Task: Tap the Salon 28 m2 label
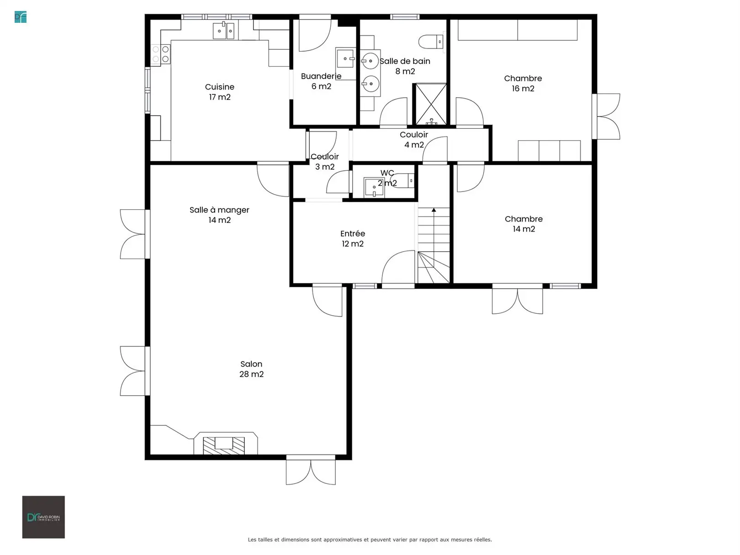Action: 252,369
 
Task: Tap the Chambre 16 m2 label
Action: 523,83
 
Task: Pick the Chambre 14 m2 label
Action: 523,224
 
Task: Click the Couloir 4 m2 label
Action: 414,139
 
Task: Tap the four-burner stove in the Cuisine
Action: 160,54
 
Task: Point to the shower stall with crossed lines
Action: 431,104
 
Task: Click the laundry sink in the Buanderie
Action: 345,59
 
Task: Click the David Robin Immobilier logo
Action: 43,517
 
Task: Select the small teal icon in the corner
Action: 21,17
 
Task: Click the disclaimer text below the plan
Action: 370,539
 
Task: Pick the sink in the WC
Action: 374,187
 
